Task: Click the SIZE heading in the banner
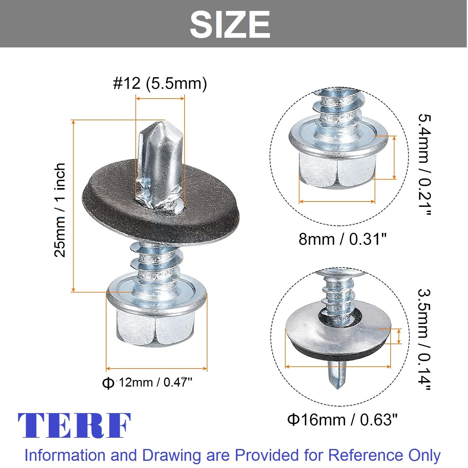click(230, 24)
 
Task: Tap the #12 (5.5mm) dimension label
click(160, 83)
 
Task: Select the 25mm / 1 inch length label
click(60, 210)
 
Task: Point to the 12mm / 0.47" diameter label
click(147, 382)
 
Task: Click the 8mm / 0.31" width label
click(343, 239)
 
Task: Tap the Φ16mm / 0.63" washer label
click(342, 420)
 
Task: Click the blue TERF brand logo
click(74, 426)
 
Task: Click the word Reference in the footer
click(365, 455)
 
